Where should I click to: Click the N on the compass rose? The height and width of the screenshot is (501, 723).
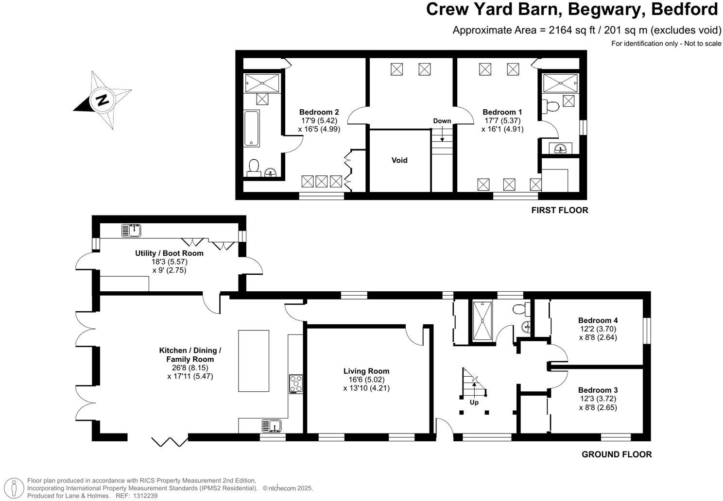click(103, 100)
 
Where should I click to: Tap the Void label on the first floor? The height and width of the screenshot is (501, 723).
click(399, 160)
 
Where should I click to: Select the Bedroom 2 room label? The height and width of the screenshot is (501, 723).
click(319, 112)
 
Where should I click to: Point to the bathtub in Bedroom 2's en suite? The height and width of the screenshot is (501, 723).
click(252, 128)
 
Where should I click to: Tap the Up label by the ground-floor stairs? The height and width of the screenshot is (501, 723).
click(474, 402)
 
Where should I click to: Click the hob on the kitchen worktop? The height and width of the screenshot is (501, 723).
click(295, 384)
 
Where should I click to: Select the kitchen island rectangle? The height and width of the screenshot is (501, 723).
click(253, 361)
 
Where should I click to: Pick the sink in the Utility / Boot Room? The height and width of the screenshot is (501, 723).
click(131, 231)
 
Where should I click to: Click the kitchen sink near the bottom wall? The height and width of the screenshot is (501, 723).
click(271, 426)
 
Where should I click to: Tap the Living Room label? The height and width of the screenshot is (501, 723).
click(366, 371)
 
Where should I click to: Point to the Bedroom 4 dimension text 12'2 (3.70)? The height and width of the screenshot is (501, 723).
click(598, 329)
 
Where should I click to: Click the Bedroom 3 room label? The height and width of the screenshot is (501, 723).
click(598, 390)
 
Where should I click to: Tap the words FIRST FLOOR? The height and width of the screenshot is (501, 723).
click(560, 210)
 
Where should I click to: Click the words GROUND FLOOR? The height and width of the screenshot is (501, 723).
click(617, 454)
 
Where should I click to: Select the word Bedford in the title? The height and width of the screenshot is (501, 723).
click(685, 9)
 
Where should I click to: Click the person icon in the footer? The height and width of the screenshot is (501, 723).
click(14, 488)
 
